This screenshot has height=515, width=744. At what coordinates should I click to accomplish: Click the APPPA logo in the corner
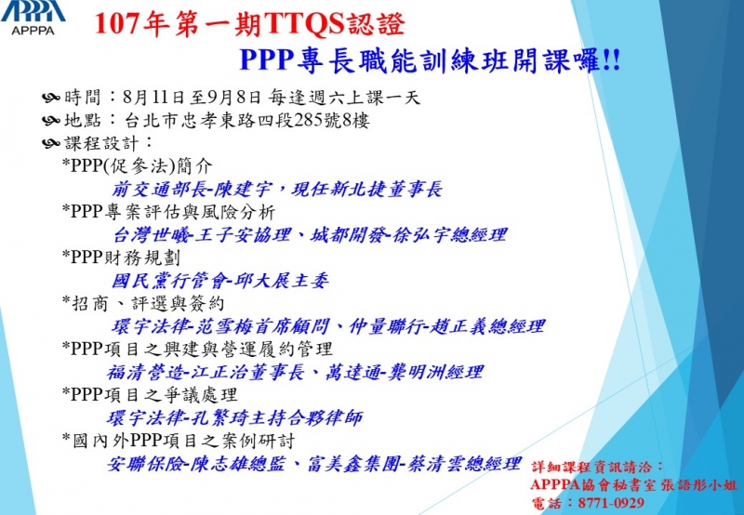33,18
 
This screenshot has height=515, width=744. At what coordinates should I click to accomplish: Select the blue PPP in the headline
266,59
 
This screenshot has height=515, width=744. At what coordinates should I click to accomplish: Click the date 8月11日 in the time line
153,98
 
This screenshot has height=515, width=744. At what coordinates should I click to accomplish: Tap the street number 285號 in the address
317,121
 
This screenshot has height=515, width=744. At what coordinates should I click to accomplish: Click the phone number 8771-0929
611,503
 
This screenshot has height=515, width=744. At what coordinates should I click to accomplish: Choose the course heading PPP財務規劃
121,257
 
